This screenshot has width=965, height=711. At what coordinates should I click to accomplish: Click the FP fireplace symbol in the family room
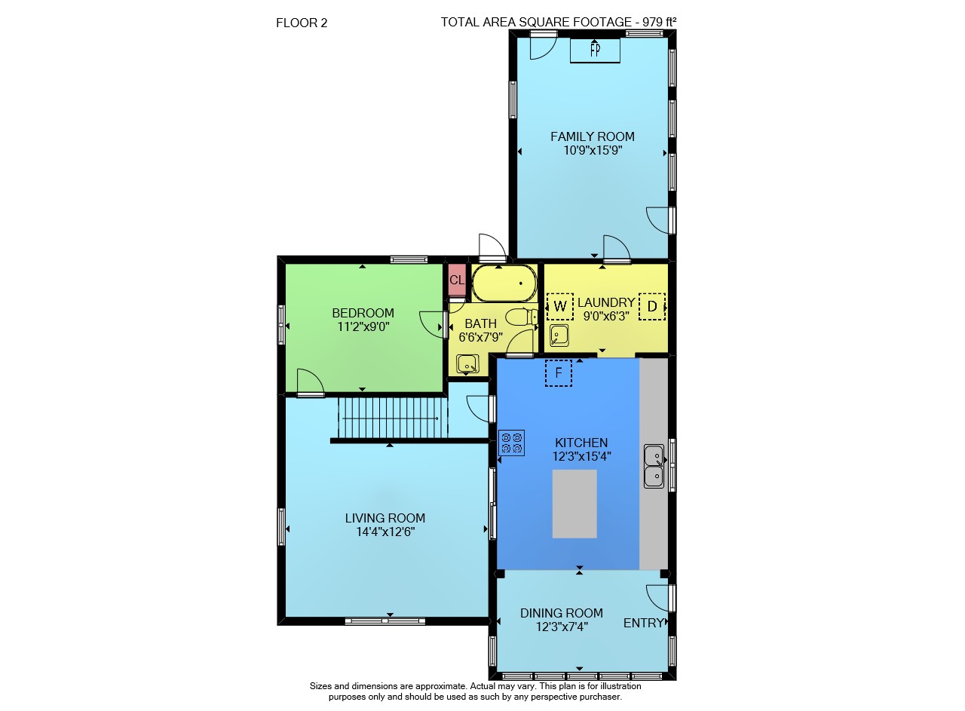(595, 51)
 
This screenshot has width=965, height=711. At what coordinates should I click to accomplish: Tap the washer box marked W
(559, 306)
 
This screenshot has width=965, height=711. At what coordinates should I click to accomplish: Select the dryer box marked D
(652, 306)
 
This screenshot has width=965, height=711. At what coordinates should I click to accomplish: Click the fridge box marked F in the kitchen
(559, 372)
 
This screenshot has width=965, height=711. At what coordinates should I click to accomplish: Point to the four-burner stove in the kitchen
(511, 443)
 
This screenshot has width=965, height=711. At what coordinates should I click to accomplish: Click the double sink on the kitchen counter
(654, 467)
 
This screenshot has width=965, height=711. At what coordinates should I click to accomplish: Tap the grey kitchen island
(574, 504)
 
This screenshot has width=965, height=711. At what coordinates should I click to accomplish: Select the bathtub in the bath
(504, 283)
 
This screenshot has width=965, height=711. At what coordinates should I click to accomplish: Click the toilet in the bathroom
(521, 317)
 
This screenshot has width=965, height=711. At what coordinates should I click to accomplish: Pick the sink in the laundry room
(559, 336)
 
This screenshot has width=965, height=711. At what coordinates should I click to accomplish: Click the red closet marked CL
(457, 280)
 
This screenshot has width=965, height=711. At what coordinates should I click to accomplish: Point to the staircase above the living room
(393, 418)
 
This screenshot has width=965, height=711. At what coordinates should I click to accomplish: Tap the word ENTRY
(644, 623)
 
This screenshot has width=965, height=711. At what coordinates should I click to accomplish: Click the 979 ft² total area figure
(659, 22)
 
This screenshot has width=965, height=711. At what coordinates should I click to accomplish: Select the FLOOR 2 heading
(302, 23)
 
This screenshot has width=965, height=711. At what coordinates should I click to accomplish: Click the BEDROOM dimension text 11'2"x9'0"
(363, 326)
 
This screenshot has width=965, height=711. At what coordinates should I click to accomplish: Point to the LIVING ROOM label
(385, 518)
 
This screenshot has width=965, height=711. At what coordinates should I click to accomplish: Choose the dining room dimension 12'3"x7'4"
(562, 627)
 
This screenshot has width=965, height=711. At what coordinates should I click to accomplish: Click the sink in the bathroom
(467, 364)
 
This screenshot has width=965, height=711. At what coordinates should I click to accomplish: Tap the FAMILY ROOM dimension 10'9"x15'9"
(593, 150)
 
